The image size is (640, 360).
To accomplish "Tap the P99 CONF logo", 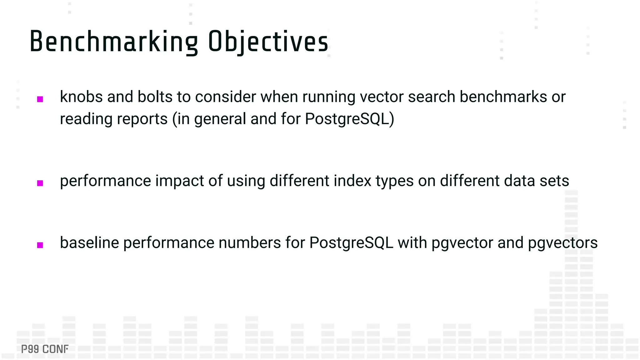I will [x=45, y=349].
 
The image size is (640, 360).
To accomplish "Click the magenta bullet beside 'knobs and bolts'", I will [x=40, y=99].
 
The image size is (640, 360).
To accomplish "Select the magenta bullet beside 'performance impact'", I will [x=40, y=183].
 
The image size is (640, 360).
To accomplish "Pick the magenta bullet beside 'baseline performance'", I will [x=40, y=245].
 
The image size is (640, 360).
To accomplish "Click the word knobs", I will [x=81, y=97].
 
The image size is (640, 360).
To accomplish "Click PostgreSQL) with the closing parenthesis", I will [x=349, y=119].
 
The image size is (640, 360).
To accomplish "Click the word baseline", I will [x=89, y=243].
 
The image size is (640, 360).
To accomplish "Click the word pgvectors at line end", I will [x=562, y=243].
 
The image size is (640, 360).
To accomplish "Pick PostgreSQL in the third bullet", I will [x=351, y=243].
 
